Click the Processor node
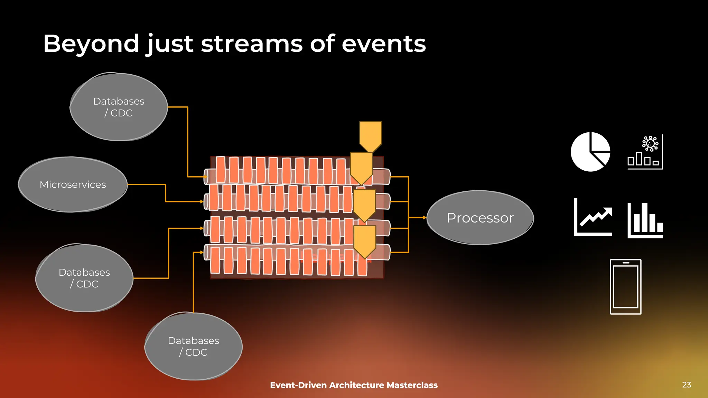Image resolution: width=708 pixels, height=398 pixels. point(480,218)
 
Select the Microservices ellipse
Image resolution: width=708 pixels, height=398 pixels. point(73,184)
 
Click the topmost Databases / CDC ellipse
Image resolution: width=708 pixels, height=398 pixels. point(119,107)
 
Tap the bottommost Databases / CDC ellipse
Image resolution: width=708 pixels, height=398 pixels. point(193,346)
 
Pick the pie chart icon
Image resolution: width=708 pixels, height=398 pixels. point(590,152)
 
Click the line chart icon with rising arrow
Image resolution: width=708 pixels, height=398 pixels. point(593,218)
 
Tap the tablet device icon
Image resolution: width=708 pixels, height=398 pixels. point(625,287)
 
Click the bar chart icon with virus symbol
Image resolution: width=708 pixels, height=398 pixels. point(645,152)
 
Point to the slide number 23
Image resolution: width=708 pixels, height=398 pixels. point(687,385)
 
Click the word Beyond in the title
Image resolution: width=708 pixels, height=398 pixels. point(91,44)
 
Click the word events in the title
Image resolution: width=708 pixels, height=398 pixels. point(384,44)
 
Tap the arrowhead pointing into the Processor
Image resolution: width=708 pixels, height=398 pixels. point(425,218)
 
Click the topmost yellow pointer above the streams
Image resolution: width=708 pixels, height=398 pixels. point(371,136)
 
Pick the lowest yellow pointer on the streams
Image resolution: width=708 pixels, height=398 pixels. point(365,241)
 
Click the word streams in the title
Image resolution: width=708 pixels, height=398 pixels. point(252,44)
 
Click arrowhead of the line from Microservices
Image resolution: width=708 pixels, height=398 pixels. point(202,201)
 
